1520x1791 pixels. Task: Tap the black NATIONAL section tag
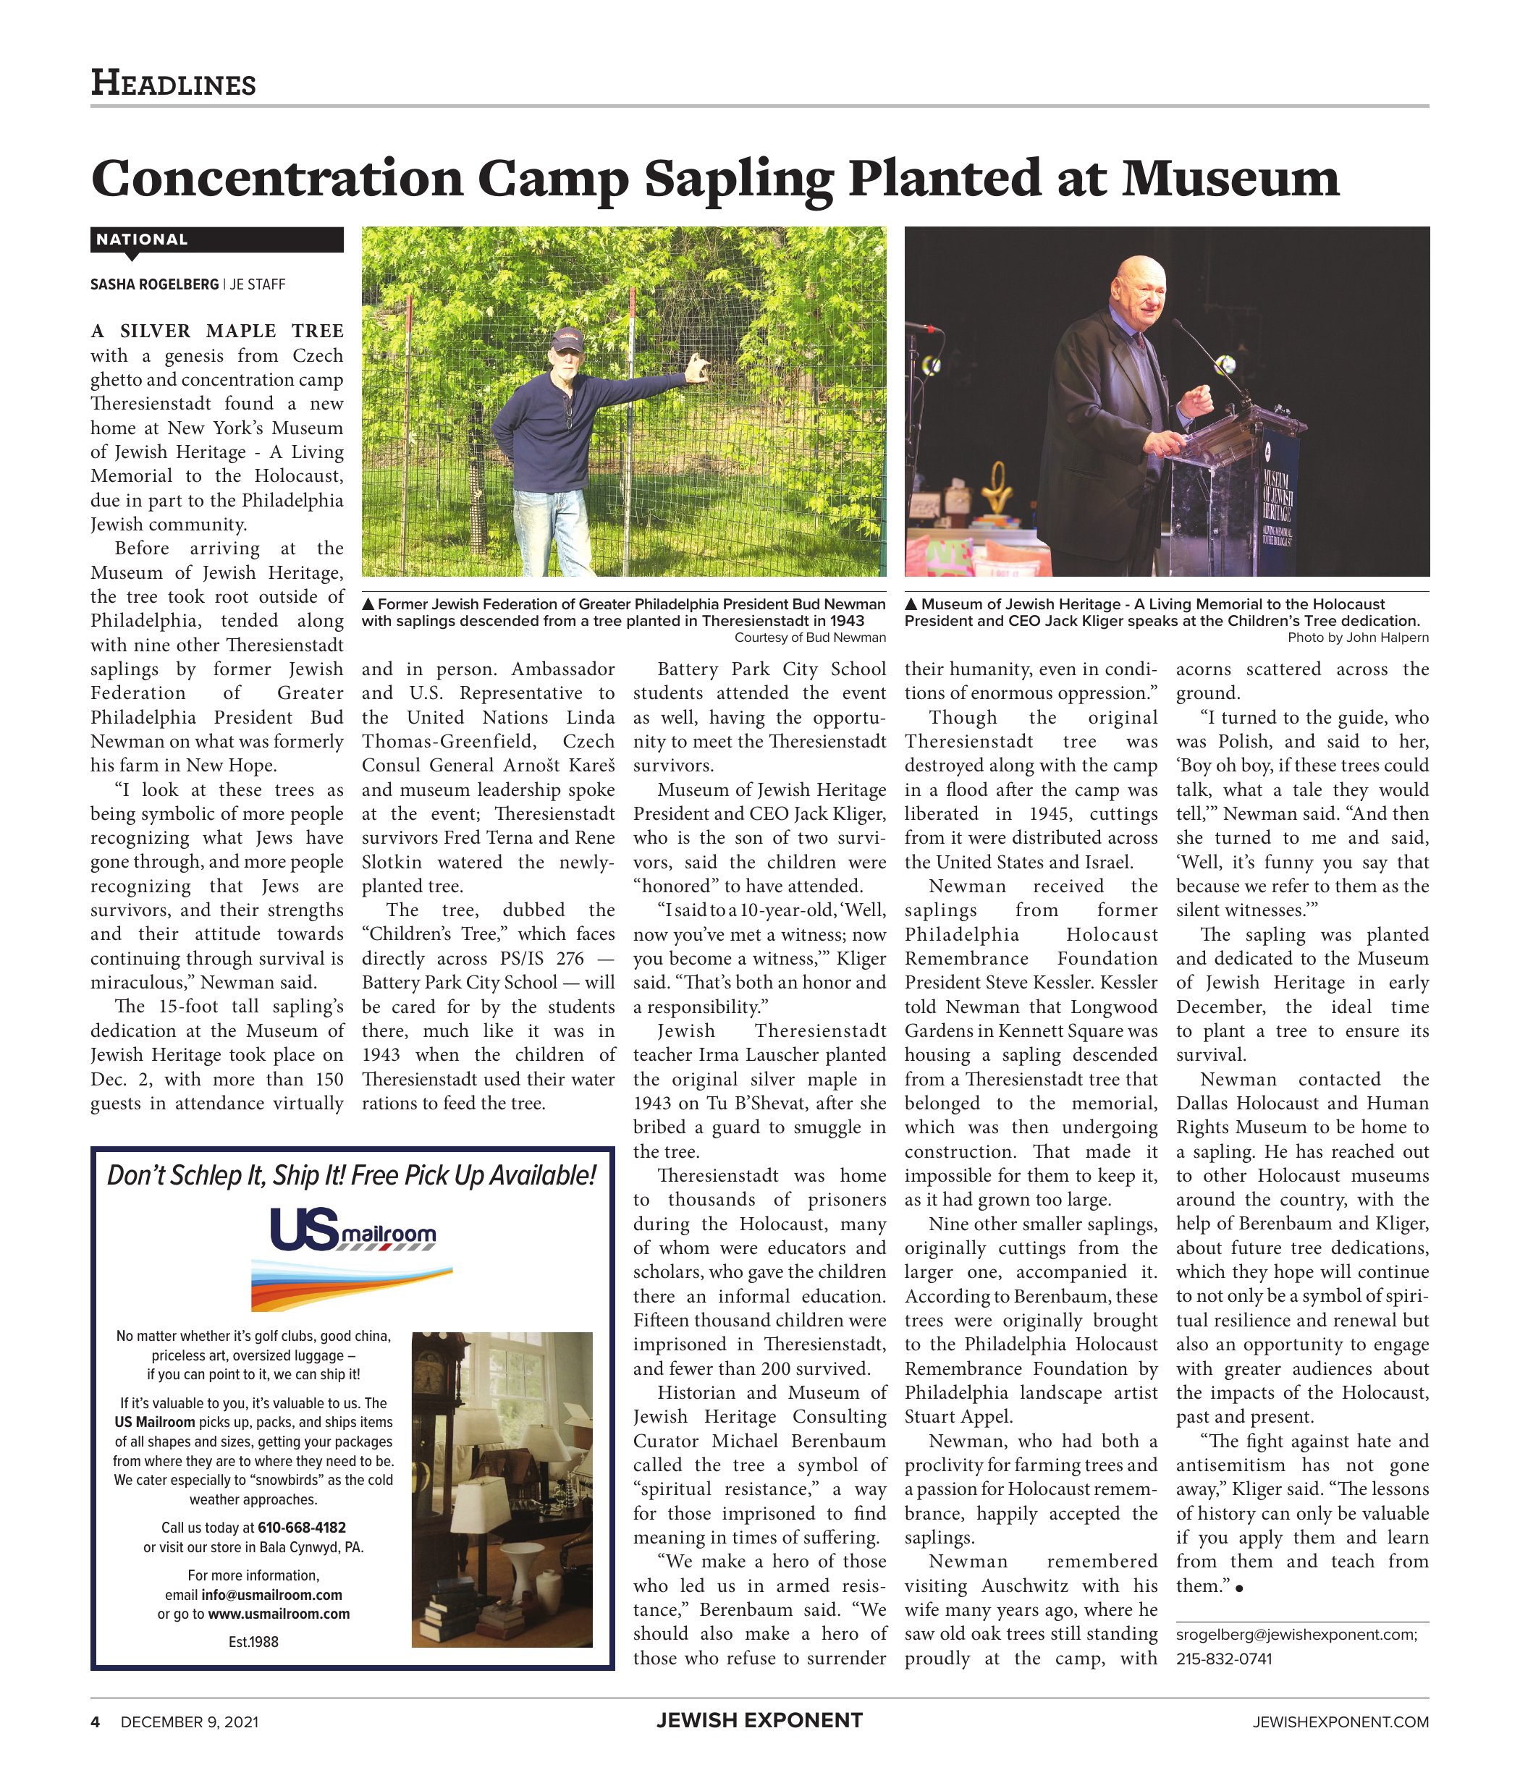pos(142,240)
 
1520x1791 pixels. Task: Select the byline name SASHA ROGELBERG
pos(154,284)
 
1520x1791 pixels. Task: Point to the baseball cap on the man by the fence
pos(566,338)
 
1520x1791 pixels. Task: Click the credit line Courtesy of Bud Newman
pos(809,638)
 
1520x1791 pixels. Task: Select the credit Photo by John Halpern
pos(1357,638)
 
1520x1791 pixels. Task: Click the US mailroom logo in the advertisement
pos(352,1229)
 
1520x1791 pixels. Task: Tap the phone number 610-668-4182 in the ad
pos(302,1528)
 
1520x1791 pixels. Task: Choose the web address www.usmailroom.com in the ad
pos(279,1614)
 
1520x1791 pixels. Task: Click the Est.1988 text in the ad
pos(253,1642)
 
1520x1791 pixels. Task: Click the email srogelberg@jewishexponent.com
pos(1295,1634)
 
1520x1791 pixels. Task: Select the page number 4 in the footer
pos(96,1722)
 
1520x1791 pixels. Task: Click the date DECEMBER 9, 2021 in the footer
pos(189,1722)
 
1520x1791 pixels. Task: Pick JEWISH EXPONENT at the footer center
pos(759,1720)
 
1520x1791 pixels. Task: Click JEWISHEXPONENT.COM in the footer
pos(1340,1722)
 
